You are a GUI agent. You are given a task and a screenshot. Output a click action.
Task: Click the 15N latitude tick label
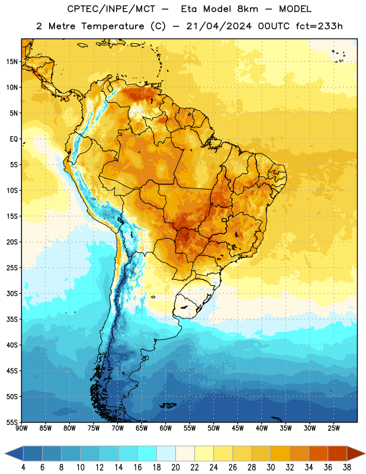click(12, 62)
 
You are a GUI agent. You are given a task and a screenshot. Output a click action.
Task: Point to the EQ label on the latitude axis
click(14, 139)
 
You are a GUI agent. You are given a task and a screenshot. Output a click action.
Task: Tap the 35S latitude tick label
click(12, 319)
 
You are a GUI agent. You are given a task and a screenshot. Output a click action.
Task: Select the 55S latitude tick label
click(12, 422)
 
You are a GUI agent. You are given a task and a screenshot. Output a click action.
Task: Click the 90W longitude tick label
click(21, 428)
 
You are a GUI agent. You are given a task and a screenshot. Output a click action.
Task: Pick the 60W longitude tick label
click(166, 428)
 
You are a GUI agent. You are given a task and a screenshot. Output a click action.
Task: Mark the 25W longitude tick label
click(333, 428)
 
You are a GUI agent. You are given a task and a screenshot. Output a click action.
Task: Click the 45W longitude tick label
click(238, 428)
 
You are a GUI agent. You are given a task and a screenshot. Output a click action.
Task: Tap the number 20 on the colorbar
click(175, 467)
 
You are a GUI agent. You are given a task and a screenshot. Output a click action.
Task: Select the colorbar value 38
click(347, 467)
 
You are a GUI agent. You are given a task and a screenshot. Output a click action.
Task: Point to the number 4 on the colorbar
click(23, 467)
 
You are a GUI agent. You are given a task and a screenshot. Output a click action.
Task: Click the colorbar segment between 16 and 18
click(147, 453)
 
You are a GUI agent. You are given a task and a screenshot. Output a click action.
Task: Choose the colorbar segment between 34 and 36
click(319, 453)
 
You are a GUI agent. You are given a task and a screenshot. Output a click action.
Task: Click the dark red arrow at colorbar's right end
click(355, 453)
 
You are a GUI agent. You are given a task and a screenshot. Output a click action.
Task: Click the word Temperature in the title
click(113, 26)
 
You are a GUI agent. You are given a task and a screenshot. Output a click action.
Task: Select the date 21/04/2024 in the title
click(219, 26)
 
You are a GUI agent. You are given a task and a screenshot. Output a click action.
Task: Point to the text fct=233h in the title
click(319, 26)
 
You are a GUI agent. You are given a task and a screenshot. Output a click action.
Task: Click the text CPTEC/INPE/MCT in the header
click(111, 9)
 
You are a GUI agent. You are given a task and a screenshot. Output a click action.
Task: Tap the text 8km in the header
click(248, 9)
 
